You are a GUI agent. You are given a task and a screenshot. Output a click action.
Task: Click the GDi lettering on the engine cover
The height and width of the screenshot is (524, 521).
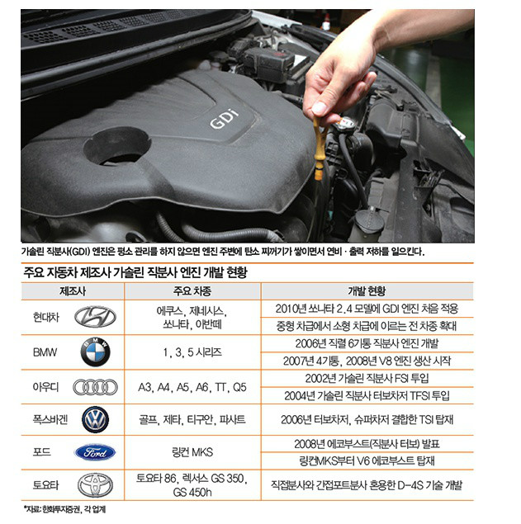click(x=225, y=118)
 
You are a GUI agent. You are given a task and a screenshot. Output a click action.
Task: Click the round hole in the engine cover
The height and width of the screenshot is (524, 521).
click(x=117, y=146)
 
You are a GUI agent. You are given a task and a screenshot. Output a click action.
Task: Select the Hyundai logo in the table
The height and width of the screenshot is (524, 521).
click(x=95, y=317)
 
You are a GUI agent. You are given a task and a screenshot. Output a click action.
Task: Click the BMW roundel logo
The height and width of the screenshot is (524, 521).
click(x=95, y=352)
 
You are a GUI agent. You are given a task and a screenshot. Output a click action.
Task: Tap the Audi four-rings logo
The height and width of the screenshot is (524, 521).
click(x=95, y=387)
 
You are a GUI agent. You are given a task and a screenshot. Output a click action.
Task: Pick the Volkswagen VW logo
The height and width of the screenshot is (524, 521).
click(x=95, y=419)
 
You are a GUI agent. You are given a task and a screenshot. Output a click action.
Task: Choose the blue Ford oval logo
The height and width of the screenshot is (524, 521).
click(x=95, y=452)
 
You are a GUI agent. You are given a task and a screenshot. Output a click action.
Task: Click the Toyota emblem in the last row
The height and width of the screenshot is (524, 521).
click(x=95, y=485)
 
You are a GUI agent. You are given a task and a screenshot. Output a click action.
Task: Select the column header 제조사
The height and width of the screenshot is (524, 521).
click(x=73, y=291)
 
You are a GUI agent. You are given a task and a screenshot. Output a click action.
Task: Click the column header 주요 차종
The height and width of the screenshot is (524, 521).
click(x=192, y=291)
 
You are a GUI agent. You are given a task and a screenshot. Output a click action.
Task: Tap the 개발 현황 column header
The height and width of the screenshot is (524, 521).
click(x=367, y=291)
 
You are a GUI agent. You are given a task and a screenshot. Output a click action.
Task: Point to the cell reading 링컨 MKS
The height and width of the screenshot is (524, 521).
click(x=192, y=452)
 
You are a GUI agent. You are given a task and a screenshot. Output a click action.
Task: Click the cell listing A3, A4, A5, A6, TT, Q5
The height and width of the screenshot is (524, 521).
click(x=192, y=387)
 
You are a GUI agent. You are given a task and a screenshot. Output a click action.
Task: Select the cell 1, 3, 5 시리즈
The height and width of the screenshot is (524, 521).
click(x=192, y=352)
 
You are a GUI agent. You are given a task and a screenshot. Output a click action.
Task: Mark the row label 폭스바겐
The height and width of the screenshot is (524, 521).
click(x=50, y=419)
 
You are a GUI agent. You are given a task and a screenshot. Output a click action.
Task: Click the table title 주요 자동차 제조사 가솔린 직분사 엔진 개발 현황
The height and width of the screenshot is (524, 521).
click(x=135, y=272)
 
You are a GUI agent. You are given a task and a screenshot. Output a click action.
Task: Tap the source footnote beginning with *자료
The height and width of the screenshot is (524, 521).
click(x=65, y=509)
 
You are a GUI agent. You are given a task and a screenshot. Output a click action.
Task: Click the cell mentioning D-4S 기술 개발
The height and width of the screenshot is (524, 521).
click(x=367, y=485)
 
